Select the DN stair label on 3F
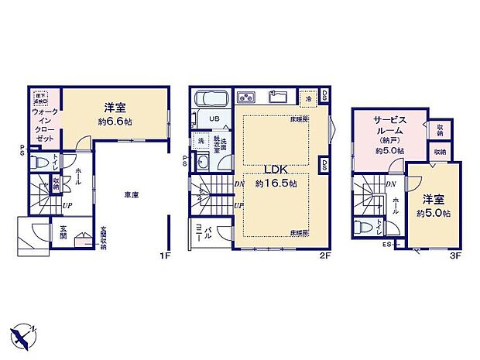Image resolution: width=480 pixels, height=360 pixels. (x=391, y=183)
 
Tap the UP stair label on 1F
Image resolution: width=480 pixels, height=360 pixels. (x=68, y=205)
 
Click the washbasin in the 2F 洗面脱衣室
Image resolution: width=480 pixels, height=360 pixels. (x=202, y=161)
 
